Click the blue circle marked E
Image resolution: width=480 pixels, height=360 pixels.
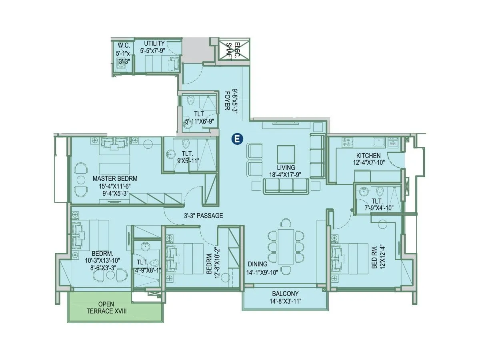(237, 139)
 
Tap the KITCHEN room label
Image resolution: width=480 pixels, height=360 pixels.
(368, 156)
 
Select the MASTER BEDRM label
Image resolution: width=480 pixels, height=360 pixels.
(115, 178)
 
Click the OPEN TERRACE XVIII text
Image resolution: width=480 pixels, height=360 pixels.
(107, 307)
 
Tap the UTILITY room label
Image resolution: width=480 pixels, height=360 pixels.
(154, 43)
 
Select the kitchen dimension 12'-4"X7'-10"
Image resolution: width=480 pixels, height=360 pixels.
(368, 163)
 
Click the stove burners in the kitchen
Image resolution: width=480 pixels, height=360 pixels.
(346, 141)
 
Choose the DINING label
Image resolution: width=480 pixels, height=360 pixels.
(257, 264)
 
